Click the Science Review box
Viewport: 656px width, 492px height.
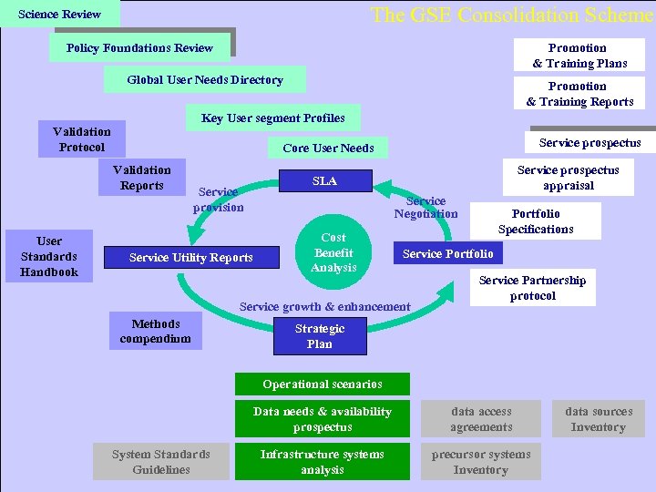(60, 15)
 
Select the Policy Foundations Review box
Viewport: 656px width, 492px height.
(139, 48)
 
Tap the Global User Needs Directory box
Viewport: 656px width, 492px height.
(205, 80)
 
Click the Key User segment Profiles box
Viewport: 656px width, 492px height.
(273, 118)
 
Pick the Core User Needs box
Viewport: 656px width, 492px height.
(328, 148)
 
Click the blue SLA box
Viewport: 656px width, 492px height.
(324, 181)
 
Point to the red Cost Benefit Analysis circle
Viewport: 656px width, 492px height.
(333, 252)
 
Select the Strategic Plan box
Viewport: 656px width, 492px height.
(320, 336)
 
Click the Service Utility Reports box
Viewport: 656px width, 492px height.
(191, 258)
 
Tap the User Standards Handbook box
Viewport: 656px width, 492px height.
(49, 257)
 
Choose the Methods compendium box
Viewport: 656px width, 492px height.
(156, 331)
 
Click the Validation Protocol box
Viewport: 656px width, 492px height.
(81, 139)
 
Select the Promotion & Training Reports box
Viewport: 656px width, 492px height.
(579, 94)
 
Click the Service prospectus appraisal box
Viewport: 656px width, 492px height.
(568, 178)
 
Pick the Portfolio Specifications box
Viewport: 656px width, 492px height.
(536, 221)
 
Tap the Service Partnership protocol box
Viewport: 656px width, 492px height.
(532, 288)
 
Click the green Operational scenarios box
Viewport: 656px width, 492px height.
(323, 384)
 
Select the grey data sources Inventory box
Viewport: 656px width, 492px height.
(598, 419)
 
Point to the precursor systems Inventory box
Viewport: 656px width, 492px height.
(480, 462)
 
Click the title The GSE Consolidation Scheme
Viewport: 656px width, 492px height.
(510, 15)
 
